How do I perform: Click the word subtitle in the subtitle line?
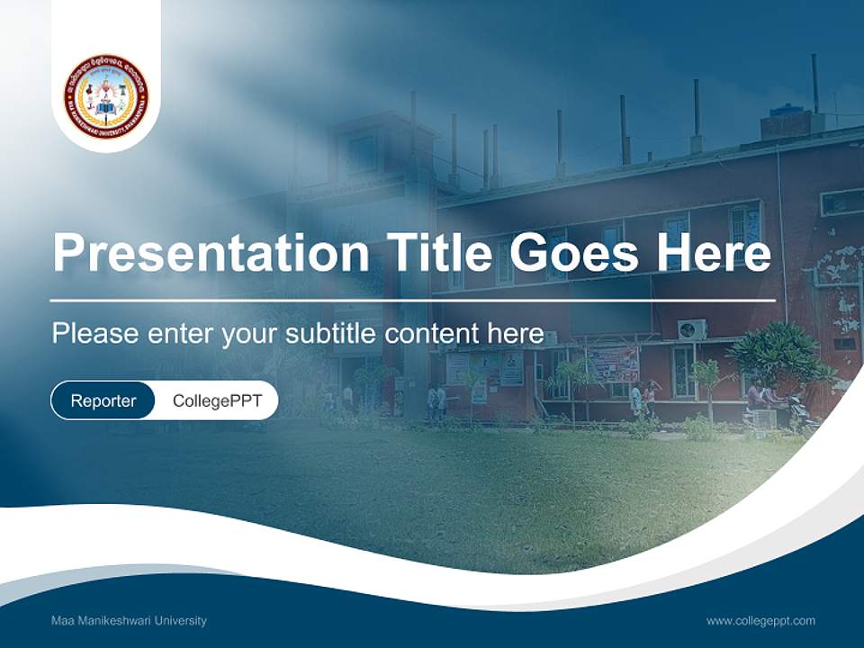pyautogui.click(x=334, y=333)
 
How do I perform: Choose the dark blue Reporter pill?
pyautogui.click(x=103, y=400)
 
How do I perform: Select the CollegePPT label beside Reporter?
pyautogui.click(x=217, y=400)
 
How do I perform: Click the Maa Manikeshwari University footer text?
pyautogui.click(x=129, y=621)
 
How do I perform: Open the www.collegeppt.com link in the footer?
pyautogui.click(x=760, y=621)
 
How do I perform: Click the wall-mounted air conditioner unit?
pyautogui.click(x=691, y=329)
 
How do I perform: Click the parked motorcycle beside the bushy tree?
pyautogui.click(x=797, y=414)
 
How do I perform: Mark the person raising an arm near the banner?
pyautogui.click(x=650, y=396)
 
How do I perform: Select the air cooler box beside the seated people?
pyautogui.click(x=762, y=418)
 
